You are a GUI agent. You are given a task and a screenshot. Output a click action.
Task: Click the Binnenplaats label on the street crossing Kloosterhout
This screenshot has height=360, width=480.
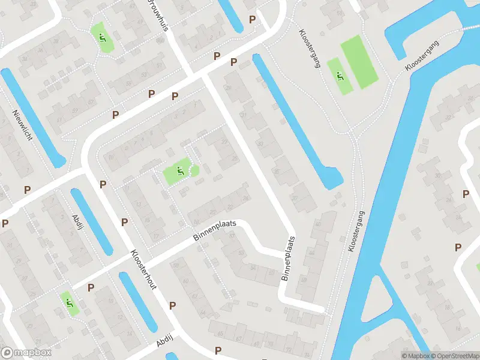[x=215, y=231]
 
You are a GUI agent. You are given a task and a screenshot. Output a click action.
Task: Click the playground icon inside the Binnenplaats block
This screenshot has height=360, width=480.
[x=179, y=173]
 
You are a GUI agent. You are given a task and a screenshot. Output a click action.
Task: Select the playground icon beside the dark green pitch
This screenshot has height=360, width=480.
[x=340, y=77]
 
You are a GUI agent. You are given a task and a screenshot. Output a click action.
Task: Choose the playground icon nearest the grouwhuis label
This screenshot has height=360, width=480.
[x=101, y=37]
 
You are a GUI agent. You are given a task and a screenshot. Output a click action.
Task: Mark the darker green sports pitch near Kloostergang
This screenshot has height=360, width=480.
[x=359, y=61]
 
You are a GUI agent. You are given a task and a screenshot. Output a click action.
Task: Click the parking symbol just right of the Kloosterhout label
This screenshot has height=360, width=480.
[x=172, y=305]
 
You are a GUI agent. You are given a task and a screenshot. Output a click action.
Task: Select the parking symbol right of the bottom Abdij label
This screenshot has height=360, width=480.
[x=218, y=350]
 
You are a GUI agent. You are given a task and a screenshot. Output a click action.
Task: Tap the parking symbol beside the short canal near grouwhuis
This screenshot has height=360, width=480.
[x=253, y=19]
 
